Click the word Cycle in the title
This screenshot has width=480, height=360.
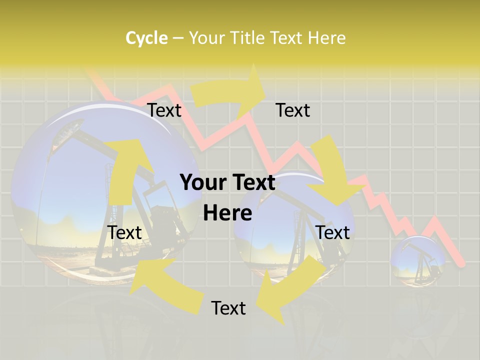pos(146,38)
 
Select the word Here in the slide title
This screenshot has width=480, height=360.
pos(326,38)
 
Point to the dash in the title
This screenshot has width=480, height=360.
pos(178,38)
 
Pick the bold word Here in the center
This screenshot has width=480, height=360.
pos(227,213)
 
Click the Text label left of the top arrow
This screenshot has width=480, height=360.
pos(164,110)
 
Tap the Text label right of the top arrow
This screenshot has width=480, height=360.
pos(292,110)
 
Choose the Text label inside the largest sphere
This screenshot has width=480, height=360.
pos(125,232)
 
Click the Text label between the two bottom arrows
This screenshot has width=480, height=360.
pos(228,308)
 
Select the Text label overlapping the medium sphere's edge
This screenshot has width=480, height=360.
pos(332,232)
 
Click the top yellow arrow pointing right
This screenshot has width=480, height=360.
pos(230,92)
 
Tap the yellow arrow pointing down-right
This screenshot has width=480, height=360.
pos(332,172)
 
